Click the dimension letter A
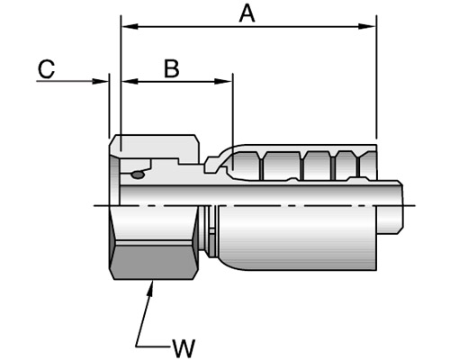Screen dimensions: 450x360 tap(247, 14)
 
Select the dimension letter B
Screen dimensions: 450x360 tap(172, 68)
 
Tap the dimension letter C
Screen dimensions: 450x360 tap(46, 68)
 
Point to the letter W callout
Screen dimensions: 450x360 tap(184, 348)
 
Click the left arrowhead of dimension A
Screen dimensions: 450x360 tap(130, 26)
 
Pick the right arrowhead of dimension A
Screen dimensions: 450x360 tap(367, 26)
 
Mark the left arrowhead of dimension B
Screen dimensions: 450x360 tap(130, 81)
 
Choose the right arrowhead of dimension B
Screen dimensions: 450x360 tap(223, 81)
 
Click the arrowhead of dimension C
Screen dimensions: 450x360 tap(100, 81)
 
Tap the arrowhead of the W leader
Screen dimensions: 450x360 tap(150, 288)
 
